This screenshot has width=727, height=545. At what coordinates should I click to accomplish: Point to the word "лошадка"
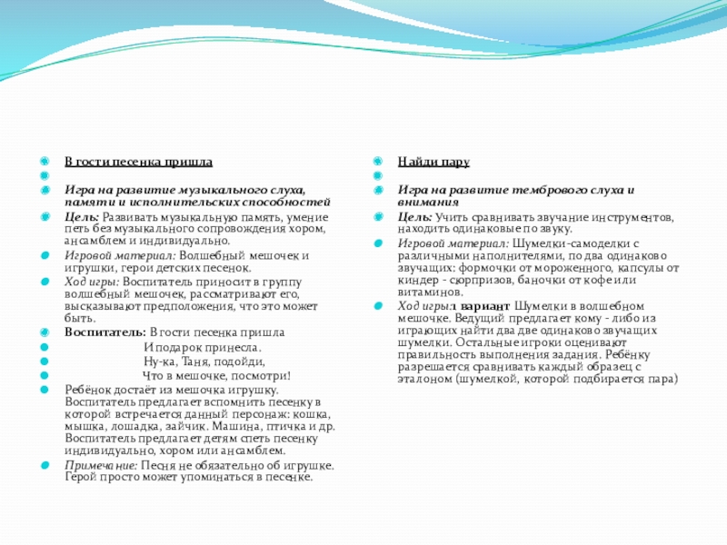pyautogui.click(x=136, y=425)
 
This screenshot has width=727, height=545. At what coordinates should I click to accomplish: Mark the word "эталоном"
pyautogui.click(x=425, y=379)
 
